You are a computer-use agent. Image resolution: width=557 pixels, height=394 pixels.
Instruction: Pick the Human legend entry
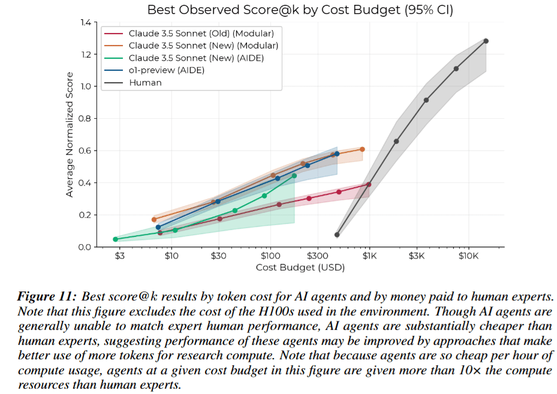pyautogui.click(x=145, y=82)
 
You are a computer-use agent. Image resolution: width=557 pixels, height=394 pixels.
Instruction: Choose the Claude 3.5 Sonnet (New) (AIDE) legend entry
pyautogui.click(x=196, y=58)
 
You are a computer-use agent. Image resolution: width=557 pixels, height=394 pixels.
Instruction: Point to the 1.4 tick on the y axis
pyautogui.click(x=84, y=23)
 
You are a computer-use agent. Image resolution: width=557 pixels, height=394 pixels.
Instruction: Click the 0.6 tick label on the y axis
pyautogui.click(x=84, y=151)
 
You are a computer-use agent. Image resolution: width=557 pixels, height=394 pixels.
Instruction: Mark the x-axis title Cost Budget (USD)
pyautogui.click(x=300, y=267)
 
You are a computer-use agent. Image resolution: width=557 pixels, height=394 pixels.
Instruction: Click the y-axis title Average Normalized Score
pyautogui.click(x=70, y=134)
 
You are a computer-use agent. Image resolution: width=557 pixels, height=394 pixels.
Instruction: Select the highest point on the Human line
pyautogui.click(x=486, y=41)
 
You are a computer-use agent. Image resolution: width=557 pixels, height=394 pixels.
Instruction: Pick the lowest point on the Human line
pyautogui.click(x=337, y=234)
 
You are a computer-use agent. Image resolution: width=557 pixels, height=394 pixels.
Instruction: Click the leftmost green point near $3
pyautogui.click(x=115, y=239)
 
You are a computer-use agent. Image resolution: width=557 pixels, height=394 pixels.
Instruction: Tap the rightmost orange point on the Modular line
pyautogui.click(x=362, y=149)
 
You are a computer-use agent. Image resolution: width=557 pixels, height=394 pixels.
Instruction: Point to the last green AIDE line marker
pyautogui.click(x=294, y=176)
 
